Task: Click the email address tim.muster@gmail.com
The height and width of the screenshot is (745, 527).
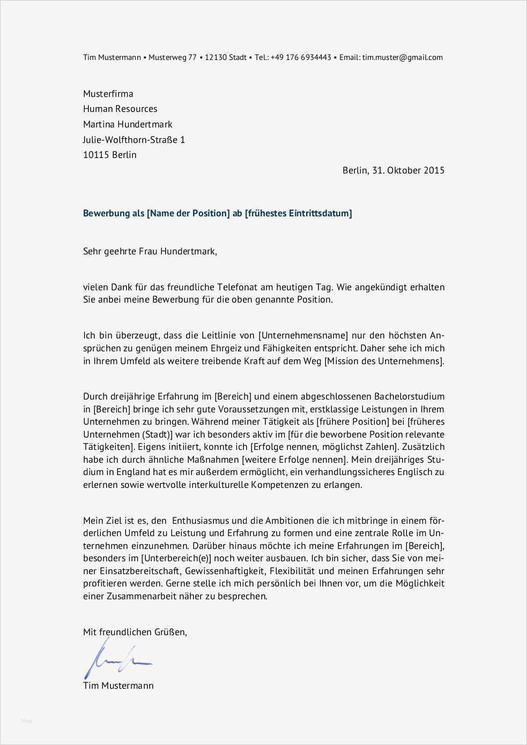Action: click(402, 57)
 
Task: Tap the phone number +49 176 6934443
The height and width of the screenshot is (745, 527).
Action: click(301, 57)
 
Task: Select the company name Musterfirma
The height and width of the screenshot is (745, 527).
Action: click(108, 94)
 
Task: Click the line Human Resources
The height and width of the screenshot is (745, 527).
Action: click(120, 109)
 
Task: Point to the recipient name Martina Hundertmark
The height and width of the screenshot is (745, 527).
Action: click(128, 124)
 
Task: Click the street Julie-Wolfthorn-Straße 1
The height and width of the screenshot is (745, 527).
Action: click(134, 140)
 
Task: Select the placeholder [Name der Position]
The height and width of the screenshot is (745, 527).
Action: click(188, 213)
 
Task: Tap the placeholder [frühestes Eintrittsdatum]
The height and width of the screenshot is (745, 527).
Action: click(299, 213)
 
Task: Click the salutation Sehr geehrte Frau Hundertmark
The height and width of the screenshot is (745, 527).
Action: click(150, 251)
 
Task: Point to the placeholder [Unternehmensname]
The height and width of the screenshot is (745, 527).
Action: click(303, 336)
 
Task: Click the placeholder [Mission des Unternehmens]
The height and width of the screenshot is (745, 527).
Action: click(384, 361)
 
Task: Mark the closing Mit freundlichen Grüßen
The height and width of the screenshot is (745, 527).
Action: click(135, 632)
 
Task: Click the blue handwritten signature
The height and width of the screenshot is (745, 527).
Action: click(117, 660)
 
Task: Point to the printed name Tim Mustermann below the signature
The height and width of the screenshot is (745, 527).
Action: click(118, 686)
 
